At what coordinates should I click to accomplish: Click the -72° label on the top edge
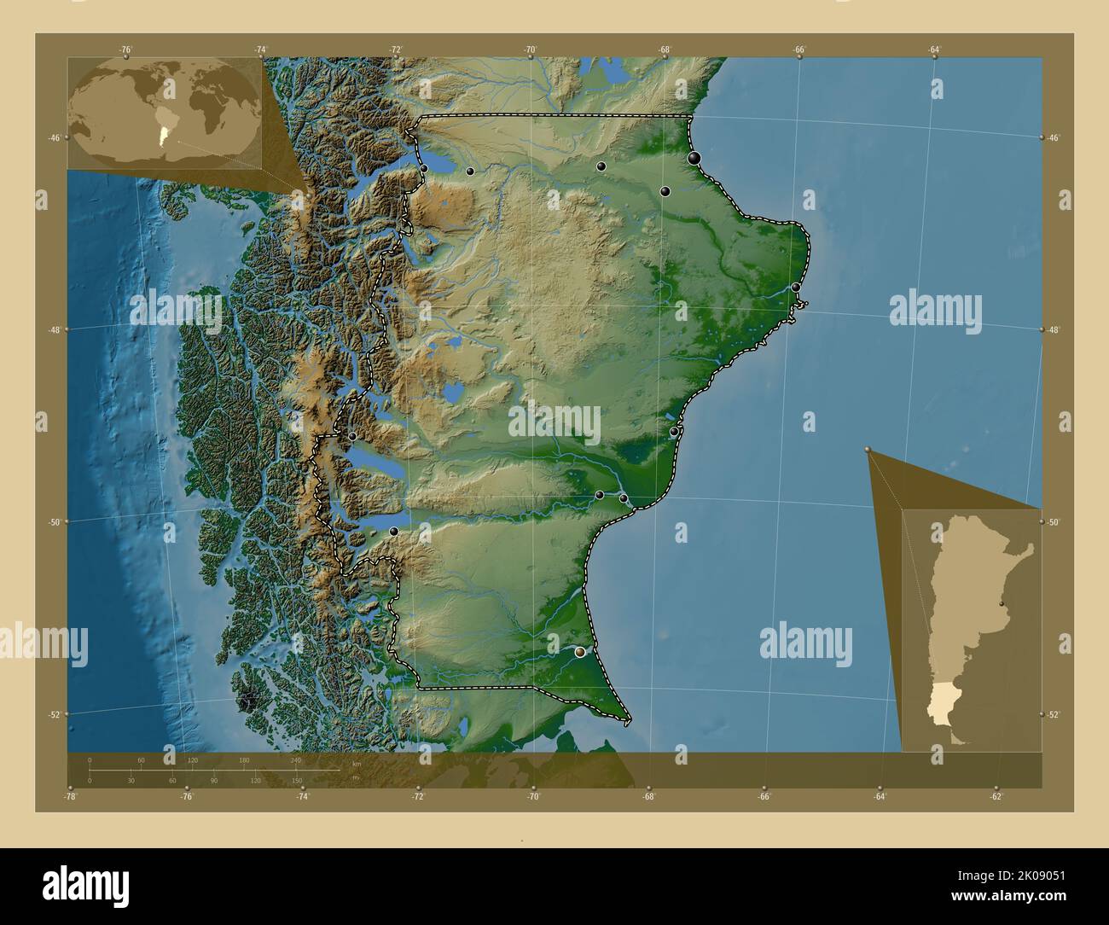(396, 50)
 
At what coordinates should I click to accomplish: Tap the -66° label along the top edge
(799, 50)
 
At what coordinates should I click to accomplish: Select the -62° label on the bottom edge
(996, 797)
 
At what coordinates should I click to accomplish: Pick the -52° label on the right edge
(1054, 715)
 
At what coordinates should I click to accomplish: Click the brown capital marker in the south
(581, 652)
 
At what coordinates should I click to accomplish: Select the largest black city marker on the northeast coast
(695, 158)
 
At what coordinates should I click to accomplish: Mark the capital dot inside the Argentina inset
(1000, 602)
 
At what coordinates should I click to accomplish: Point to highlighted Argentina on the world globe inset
(160, 134)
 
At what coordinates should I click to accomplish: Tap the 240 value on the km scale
(296, 759)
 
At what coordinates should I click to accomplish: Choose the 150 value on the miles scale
(297, 780)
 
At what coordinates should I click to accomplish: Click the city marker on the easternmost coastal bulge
(796, 288)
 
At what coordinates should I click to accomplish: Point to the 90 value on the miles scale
(213, 780)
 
